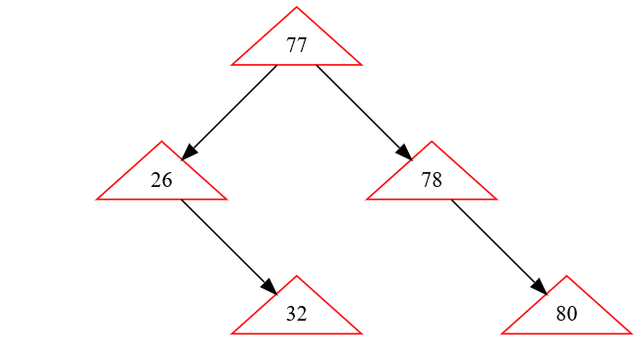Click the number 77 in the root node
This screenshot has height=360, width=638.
tap(297, 45)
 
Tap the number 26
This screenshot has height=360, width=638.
tap(162, 180)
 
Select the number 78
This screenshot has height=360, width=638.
tap(432, 180)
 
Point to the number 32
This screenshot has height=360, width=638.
tap(297, 315)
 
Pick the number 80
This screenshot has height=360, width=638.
tap(566, 315)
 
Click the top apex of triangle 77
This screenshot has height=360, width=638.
tap(297, 8)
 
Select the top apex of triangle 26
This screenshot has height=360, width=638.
tap(162, 142)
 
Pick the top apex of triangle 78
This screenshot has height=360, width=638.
tap(432, 142)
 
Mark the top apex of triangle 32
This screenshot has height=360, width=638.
tap(297, 276)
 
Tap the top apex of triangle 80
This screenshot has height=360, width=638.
tap(566, 276)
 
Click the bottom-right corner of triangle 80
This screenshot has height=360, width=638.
tap(630, 333)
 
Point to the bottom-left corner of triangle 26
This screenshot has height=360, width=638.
tap(97, 199)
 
